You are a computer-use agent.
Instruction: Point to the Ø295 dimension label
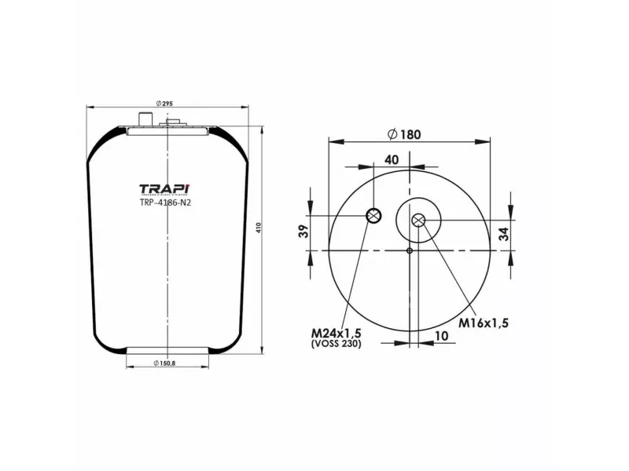[165, 104]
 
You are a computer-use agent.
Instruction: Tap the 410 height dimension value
[260, 228]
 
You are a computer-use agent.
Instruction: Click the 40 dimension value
[392, 159]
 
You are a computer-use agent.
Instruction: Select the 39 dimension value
[304, 232]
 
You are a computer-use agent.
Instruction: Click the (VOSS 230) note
[337, 343]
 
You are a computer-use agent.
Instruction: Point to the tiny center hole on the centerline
[410, 250]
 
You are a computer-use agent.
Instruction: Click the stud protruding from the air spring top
[145, 119]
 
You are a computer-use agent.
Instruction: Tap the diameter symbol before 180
[392, 133]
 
